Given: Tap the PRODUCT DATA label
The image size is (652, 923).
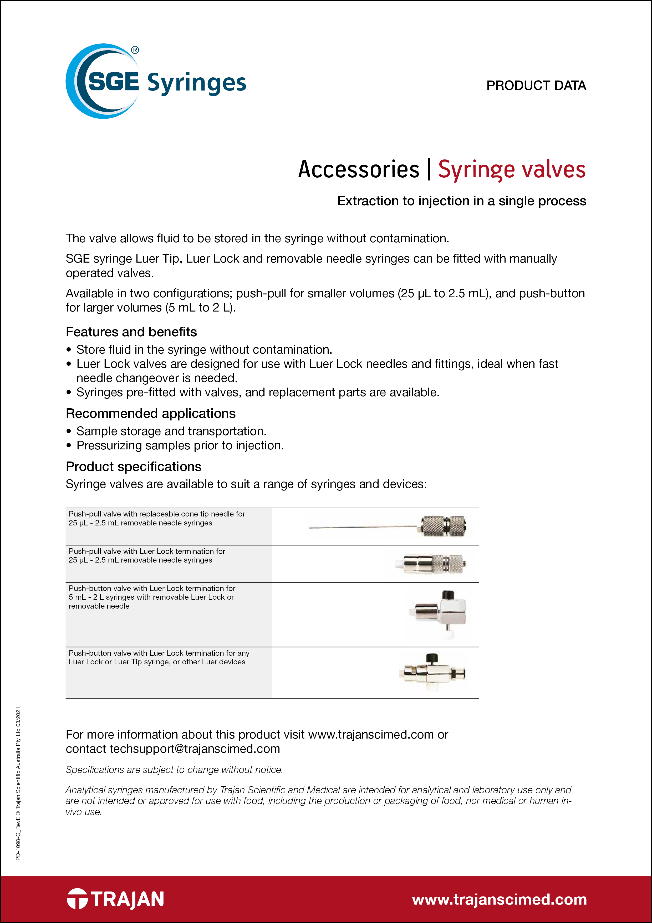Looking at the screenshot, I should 536,86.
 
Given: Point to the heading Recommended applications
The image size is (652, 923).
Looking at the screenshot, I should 151,413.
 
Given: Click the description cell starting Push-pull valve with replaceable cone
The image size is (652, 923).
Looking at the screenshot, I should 157,518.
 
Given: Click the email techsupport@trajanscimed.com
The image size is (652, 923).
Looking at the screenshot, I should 195,749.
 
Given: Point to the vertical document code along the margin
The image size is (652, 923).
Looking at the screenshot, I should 18,784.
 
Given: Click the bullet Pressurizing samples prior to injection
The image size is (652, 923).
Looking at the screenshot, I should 180,445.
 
